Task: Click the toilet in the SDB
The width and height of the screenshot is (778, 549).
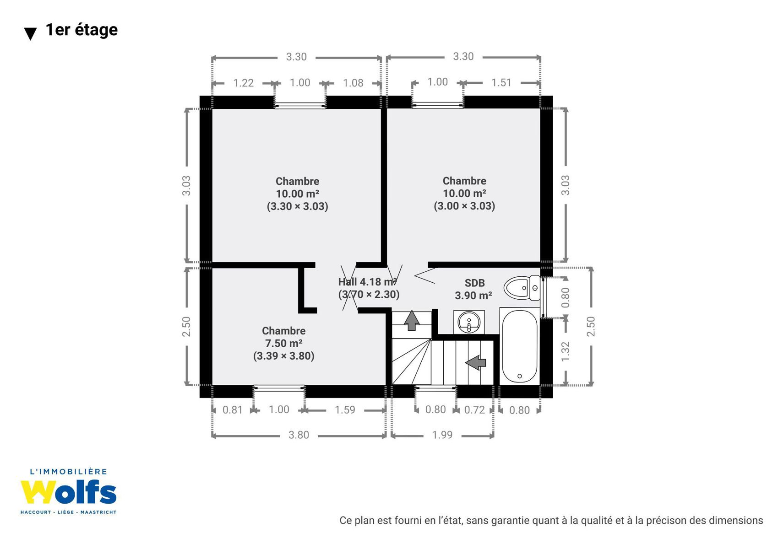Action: pyautogui.click(x=522, y=288)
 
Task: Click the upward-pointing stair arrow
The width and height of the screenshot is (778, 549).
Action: pyautogui.click(x=412, y=320)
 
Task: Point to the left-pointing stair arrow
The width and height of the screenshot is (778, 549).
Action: pyautogui.click(x=475, y=363)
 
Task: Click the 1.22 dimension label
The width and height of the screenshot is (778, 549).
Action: pyautogui.click(x=243, y=83)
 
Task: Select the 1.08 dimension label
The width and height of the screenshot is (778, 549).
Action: pyautogui.click(x=353, y=83)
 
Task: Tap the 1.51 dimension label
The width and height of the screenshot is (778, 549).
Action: pyautogui.click(x=501, y=83)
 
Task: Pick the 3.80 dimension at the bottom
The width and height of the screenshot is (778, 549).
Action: pyautogui.click(x=299, y=435)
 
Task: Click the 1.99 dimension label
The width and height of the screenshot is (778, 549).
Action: pyautogui.click(x=442, y=435)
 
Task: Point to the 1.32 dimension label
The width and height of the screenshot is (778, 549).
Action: pyautogui.click(x=566, y=351)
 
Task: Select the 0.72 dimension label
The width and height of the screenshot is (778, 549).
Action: pyautogui.click(x=474, y=410)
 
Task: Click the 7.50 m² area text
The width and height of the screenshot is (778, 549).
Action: pyautogui.click(x=284, y=343)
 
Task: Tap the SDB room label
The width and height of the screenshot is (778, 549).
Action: pyautogui.click(x=474, y=283)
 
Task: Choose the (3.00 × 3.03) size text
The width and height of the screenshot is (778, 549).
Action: pyautogui.click(x=464, y=206)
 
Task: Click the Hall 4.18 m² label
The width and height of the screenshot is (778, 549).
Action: pyautogui.click(x=367, y=282)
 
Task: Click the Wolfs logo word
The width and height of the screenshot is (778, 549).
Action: pyautogui.click(x=68, y=492)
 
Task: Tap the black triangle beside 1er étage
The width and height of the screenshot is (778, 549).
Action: pyautogui.click(x=31, y=34)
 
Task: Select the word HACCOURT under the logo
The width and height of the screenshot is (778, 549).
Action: pyautogui.click(x=36, y=512)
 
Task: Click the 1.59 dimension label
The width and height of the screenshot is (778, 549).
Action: pyautogui.click(x=345, y=410)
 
